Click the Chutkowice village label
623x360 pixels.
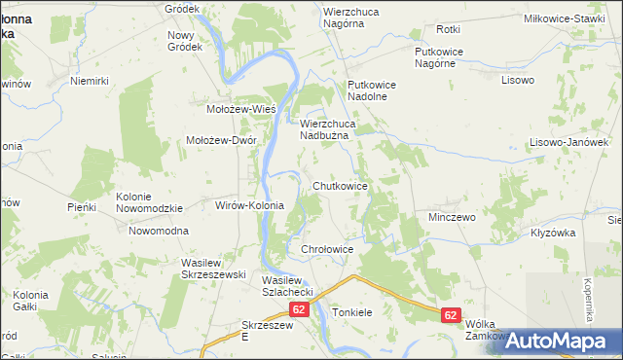[340, 185]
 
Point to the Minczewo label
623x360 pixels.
[452, 217]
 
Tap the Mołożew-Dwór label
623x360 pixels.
[221, 140]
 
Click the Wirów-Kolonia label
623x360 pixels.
[248, 205]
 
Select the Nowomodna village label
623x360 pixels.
[159, 231]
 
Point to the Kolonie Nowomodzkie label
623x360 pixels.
[149, 202]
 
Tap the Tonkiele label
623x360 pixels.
[352, 313]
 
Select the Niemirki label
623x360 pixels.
[89, 82]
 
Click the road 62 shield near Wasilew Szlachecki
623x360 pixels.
[299, 309]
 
